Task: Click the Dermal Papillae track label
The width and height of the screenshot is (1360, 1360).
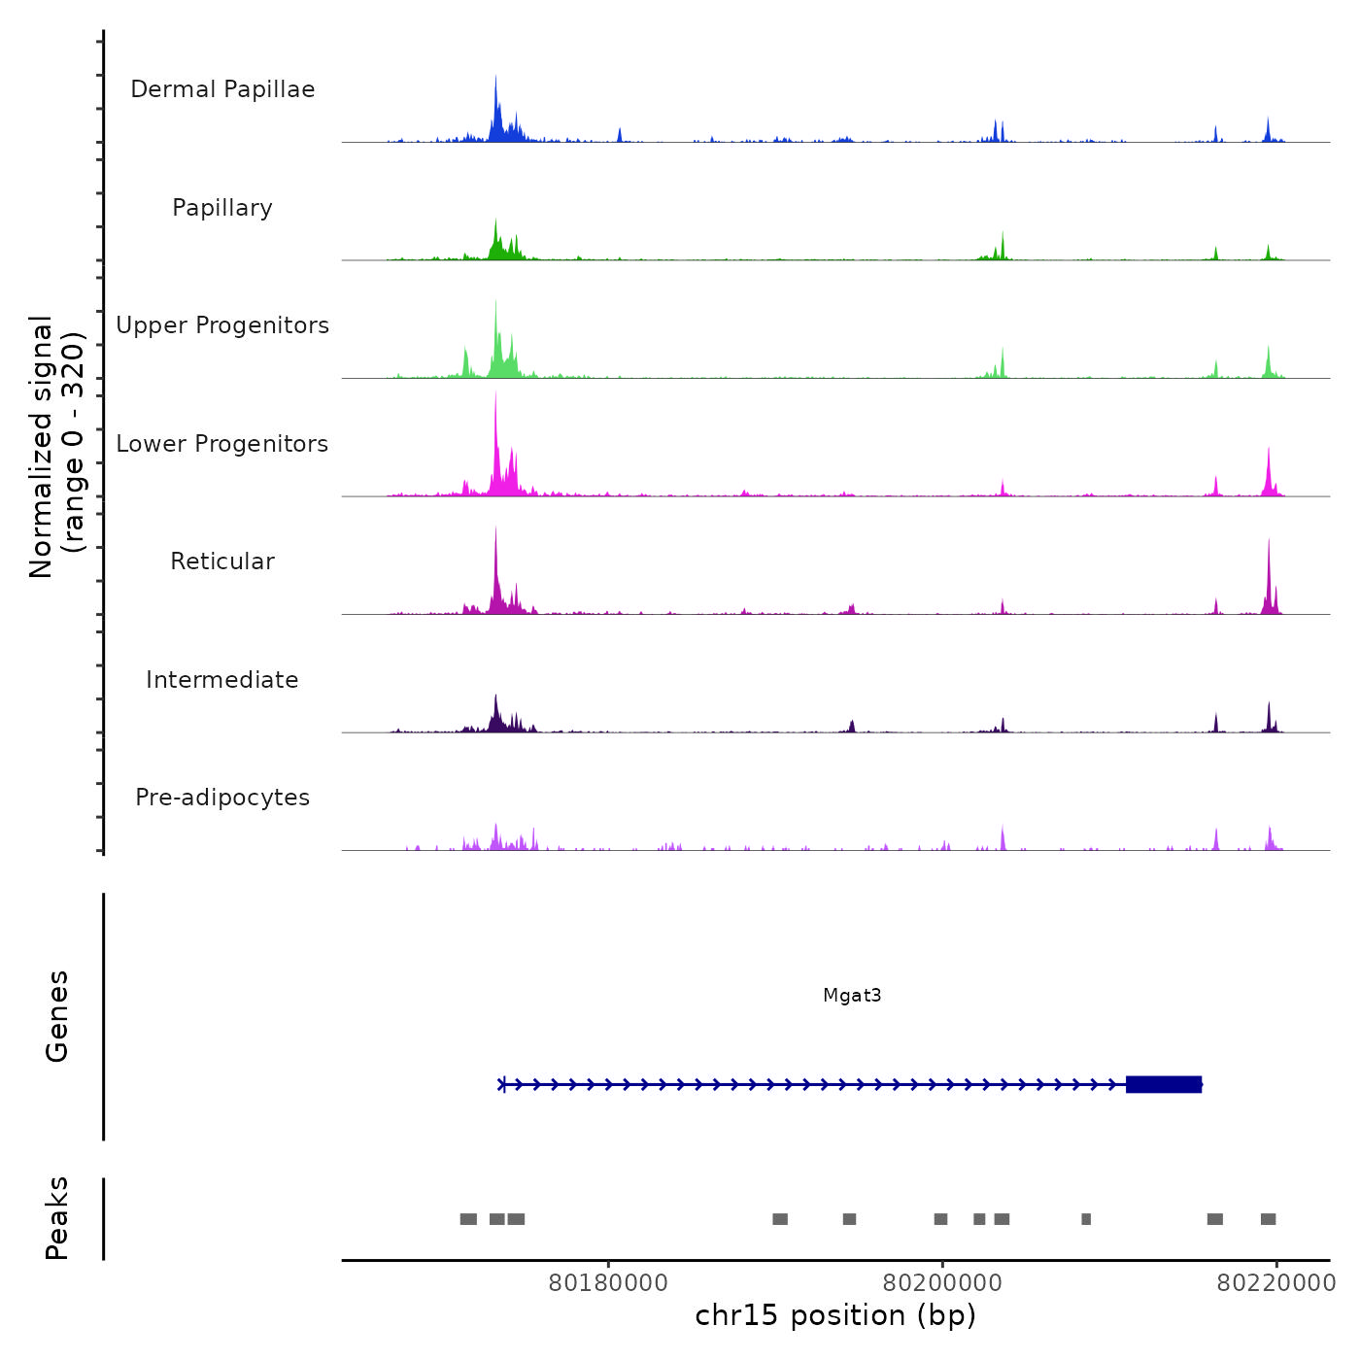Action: pyautogui.click(x=222, y=89)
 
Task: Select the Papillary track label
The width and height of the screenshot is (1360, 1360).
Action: pyautogui.click(x=222, y=208)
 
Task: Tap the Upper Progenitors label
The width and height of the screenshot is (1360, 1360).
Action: pyautogui.click(x=222, y=325)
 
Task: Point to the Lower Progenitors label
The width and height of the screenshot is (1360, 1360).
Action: pyautogui.click(x=222, y=444)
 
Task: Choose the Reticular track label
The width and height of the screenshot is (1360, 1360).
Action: pyautogui.click(x=222, y=561)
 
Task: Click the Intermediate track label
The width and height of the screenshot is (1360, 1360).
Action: pyautogui.click(x=222, y=680)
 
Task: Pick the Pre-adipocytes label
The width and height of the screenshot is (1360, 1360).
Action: pyautogui.click(x=222, y=798)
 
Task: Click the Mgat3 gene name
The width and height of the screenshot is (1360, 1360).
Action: pyautogui.click(x=852, y=995)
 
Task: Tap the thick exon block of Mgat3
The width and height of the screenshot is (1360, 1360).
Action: pyautogui.click(x=1163, y=1084)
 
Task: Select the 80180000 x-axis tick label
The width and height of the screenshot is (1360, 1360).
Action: pyautogui.click(x=608, y=1283)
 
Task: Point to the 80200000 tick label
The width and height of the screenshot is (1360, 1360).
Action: pyautogui.click(x=942, y=1283)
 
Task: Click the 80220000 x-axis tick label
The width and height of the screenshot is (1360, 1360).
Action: pyautogui.click(x=1276, y=1283)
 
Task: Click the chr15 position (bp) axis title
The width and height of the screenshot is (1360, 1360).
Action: pyautogui.click(x=835, y=1315)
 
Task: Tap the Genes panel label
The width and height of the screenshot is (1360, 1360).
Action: pyautogui.click(x=56, y=1016)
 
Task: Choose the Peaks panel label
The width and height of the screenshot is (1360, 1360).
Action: pyautogui.click(x=56, y=1218)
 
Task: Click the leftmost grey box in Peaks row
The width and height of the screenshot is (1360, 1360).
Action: pyautogui.click(x=468, y=1219)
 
